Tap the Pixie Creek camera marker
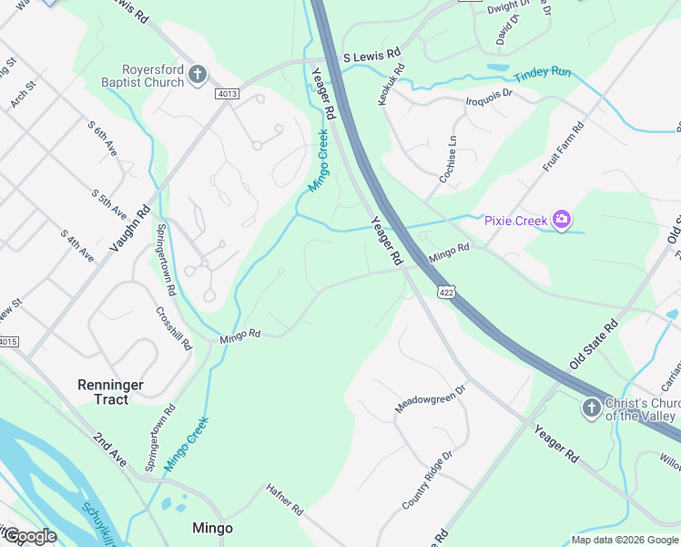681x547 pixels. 562,220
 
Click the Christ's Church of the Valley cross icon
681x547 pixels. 591,408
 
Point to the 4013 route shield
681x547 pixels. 228,93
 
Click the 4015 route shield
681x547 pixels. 8,342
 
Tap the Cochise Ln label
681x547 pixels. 448,160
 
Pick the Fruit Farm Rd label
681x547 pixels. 563,148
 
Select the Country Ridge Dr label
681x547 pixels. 427,480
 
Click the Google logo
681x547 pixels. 30,537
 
